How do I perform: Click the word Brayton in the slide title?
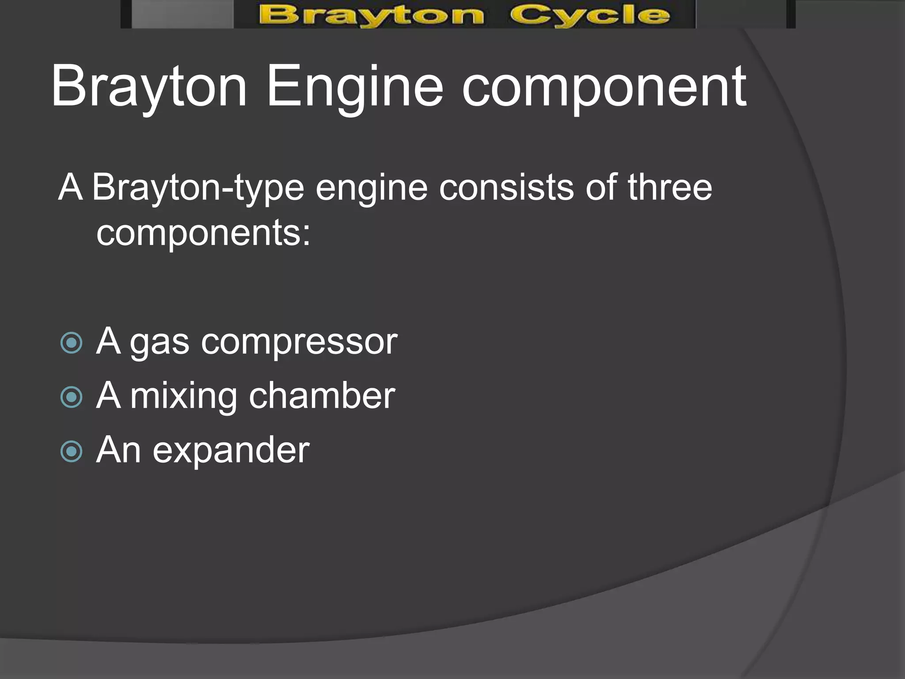(x=148, y=87)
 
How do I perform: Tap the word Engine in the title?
(x=354, y=87)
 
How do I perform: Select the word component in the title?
(x=604, y=87)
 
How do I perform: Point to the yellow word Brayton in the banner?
(x=371, y=15)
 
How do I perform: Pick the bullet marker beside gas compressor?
(x=71, y=343)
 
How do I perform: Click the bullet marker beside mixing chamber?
(x=71, y=397)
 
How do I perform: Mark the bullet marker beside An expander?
(x=71, y=451)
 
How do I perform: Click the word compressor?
(x=299, y=342)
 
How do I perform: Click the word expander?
(x=231, y=450)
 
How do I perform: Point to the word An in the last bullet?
(x=118, y=450)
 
